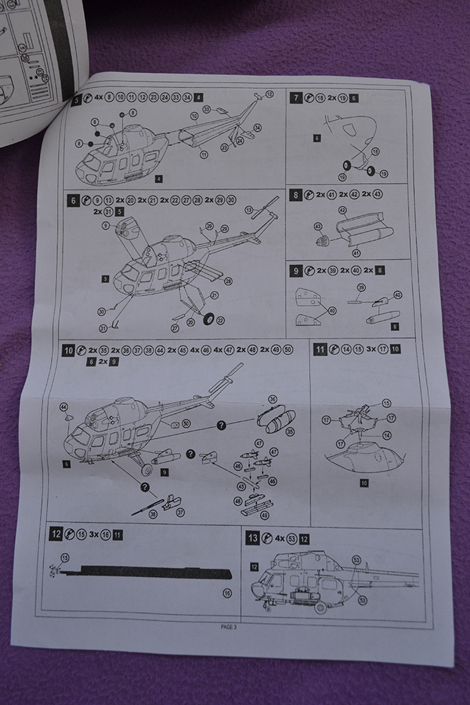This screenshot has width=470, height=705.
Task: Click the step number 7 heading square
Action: (297, 98)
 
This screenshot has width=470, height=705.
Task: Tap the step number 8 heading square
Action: (297, 195)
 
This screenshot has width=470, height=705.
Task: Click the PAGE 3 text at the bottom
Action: (228, 627)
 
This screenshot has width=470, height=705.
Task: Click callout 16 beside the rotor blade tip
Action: (228, 593)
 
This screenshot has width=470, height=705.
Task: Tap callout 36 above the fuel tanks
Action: (272, 399)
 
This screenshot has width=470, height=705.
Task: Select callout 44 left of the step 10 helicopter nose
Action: (64, 407)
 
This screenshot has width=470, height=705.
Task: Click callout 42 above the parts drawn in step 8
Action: (342, 209)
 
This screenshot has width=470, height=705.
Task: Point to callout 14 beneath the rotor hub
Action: (387, 435)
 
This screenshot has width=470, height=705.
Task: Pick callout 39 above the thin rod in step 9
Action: (361, 287)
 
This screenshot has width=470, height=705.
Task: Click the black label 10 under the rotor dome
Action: (363, 483)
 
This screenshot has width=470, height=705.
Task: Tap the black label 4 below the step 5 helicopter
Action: (159, 179)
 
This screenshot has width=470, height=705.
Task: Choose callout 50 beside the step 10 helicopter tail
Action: (186, 423)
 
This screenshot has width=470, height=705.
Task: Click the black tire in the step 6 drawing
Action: (209, 318)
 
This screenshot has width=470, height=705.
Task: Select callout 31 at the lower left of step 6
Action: (103, 328)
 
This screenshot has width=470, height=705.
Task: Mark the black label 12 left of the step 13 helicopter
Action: (254, 567)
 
